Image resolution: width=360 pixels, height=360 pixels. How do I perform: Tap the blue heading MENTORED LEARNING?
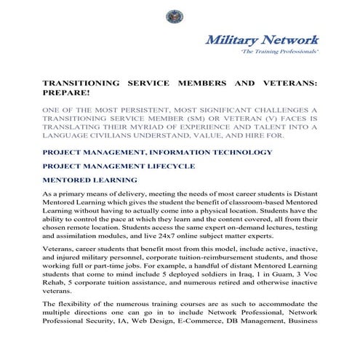pyautogui.click(x=89, y=180)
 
